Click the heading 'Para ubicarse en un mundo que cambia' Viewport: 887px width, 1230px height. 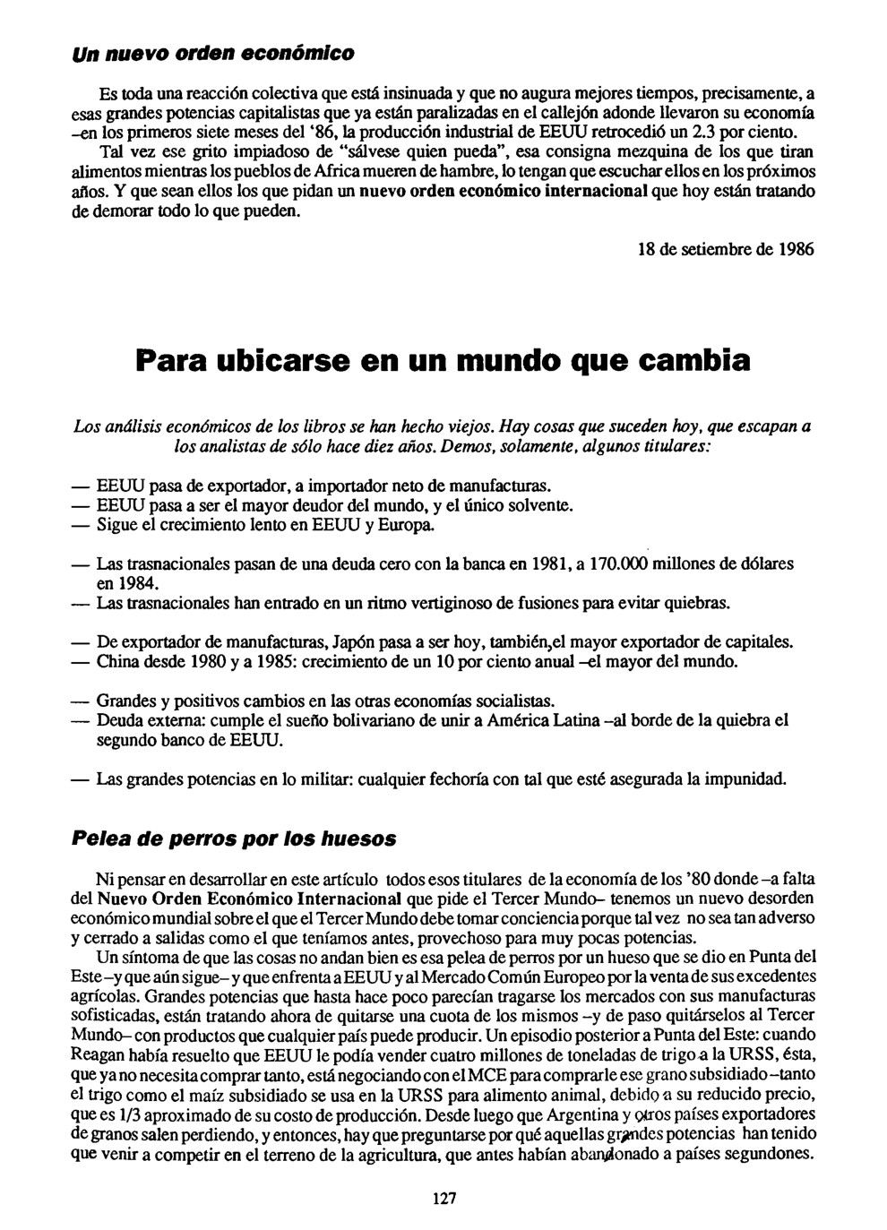[443, 363]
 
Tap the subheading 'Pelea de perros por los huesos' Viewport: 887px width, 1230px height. [233, 839]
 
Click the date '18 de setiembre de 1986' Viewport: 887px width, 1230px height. [721, 250]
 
